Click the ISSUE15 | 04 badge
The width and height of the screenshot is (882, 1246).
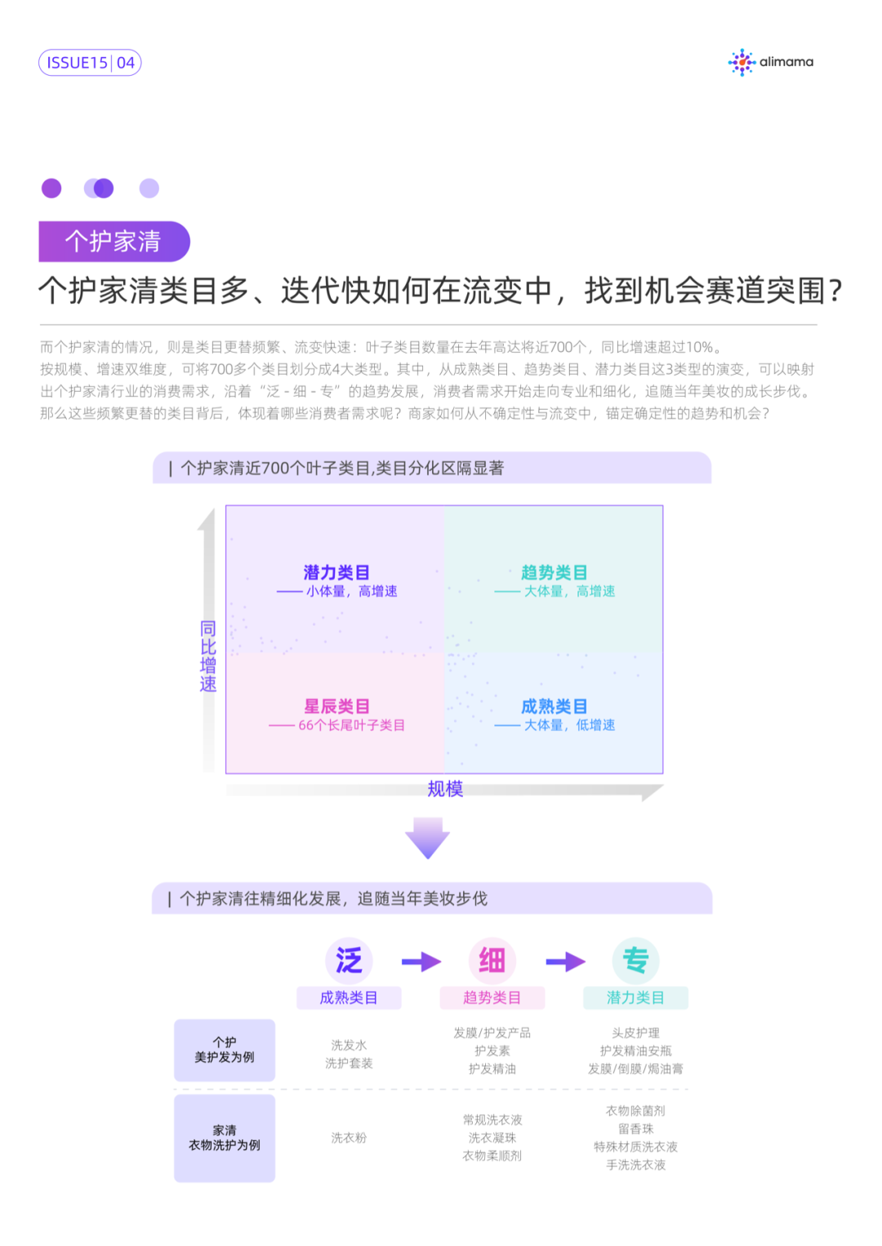click(90, 63)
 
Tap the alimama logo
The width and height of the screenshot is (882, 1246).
click(770, 62)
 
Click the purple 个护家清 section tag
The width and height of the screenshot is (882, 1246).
click(114, 242)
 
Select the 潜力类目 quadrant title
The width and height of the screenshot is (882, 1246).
click(336, 572)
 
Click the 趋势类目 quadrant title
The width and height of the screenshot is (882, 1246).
click(554, 572)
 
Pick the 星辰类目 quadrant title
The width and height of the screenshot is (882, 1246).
click(336, 706)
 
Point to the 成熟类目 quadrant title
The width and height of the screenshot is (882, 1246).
click(554, 706)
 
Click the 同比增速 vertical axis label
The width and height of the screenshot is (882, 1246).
click(208, 656)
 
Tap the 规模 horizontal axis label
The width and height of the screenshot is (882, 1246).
click(445, 789)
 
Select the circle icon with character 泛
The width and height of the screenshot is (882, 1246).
click(349, 960)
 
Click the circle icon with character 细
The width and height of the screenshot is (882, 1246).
click(492, 960)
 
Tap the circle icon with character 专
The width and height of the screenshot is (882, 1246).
click(635, 960)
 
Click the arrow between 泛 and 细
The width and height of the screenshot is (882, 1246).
click(421, 962)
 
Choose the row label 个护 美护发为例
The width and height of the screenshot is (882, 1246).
click(225, 1050)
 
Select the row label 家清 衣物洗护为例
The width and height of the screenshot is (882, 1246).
click(225, 1138)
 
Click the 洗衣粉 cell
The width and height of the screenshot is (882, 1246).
click(349, 1137)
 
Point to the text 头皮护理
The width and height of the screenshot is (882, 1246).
click(635, 1033)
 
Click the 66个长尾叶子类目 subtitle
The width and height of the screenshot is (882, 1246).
click(351, 725)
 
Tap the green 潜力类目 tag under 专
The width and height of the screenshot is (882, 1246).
click(635, 998)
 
